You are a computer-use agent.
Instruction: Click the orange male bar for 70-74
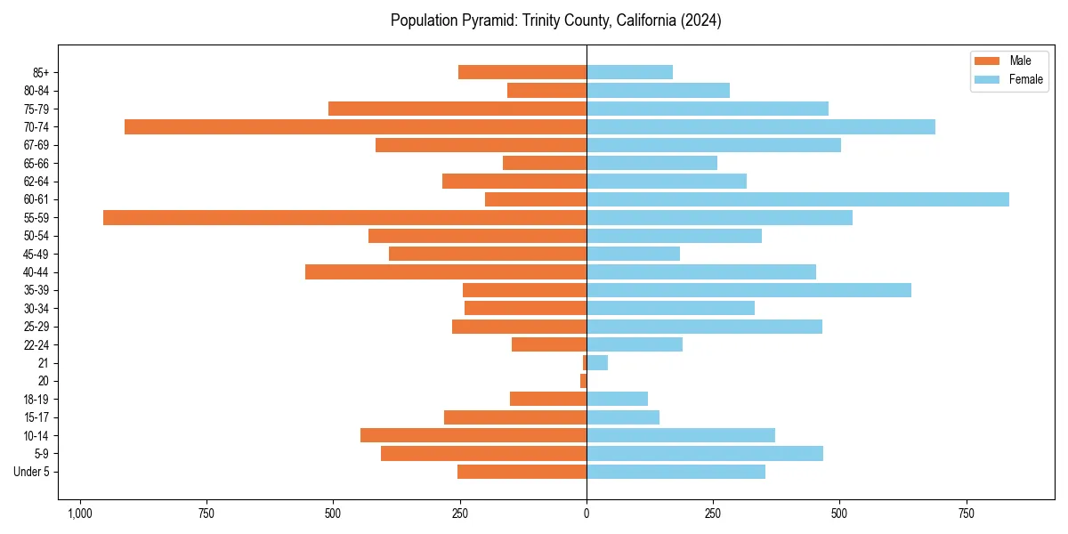click(x=355, y=126)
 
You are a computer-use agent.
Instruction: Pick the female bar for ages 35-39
click(x=748, y=290)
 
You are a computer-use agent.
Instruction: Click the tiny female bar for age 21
click(x=597, y=362)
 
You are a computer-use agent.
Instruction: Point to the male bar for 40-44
click(x=445, y=271)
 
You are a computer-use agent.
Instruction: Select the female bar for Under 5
click(x=676, y=472)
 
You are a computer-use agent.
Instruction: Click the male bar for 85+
click(x=522, y=72)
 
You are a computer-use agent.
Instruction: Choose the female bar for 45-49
click(x=633, y=254)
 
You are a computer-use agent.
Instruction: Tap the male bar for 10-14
click(x=473, y=435)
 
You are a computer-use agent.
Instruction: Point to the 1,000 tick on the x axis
click(x=80, y=514)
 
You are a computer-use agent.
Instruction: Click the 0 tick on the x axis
click(x=587, y=514)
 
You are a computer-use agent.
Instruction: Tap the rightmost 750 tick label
click(x=966, y=514)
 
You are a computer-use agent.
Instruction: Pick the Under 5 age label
click(x=31, y=472)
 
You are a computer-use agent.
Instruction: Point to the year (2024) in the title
click(x=700, y=20)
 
